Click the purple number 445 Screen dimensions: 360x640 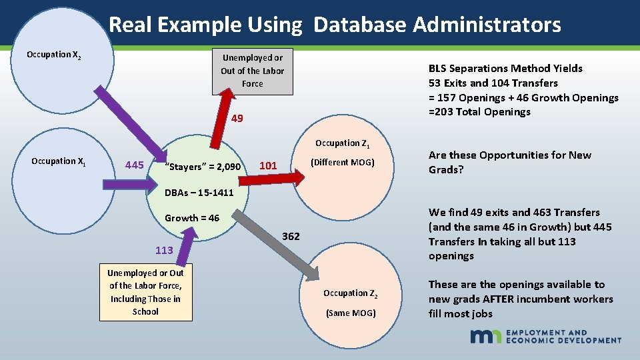coord(135,165)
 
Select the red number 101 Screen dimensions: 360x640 coord(268,165)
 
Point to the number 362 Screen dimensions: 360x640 coord(291,237)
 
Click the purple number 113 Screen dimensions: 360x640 coord(164,251)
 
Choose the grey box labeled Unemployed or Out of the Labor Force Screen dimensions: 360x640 coord(252,71)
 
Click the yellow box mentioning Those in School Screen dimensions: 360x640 coord(145,293)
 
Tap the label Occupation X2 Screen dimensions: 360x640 coord(54,55)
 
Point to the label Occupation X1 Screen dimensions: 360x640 coord(58,161)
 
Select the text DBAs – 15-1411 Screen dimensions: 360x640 coord(199,193)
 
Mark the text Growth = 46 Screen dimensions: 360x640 coord(192,218)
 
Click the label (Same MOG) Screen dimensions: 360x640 coord(351,313)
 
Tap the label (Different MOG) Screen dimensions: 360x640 coord(343,163)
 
